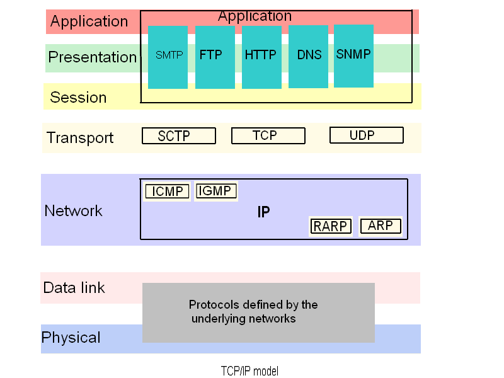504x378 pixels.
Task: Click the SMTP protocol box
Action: click(x=168, y=57)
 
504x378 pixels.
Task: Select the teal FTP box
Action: click(x=215, y=57)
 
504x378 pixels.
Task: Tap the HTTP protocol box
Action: click(x=261, y=57)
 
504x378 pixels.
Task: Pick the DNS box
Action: click(x=308, y=57)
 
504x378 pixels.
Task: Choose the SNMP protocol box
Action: click(x=353, y=56)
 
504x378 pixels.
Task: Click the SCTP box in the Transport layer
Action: click(x=179, y=135)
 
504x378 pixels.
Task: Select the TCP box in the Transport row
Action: click(x=268, y=135)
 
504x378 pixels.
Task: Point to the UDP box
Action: click(x=367, y=135)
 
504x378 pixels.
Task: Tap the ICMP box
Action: click(x=167, y=192)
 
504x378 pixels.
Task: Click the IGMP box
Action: click(x=216, y=191)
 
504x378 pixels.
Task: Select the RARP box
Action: click(x=330, y=226)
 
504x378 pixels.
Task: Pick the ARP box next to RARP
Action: click(x=381, y=226)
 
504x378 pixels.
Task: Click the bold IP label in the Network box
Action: click(x=263, y=212)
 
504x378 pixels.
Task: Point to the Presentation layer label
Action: click(x=93, y=57)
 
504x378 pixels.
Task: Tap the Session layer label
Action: click(x=78, y=97)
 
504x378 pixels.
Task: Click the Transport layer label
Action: click(x=80, y=138)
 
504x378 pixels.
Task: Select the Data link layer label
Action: click(x=74, y=288)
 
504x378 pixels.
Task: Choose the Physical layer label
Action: click(x=71, y=338)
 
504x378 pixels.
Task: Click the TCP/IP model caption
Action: click(x=249, y=371)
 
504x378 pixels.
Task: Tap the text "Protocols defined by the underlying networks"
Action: click(x=253, y=311)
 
